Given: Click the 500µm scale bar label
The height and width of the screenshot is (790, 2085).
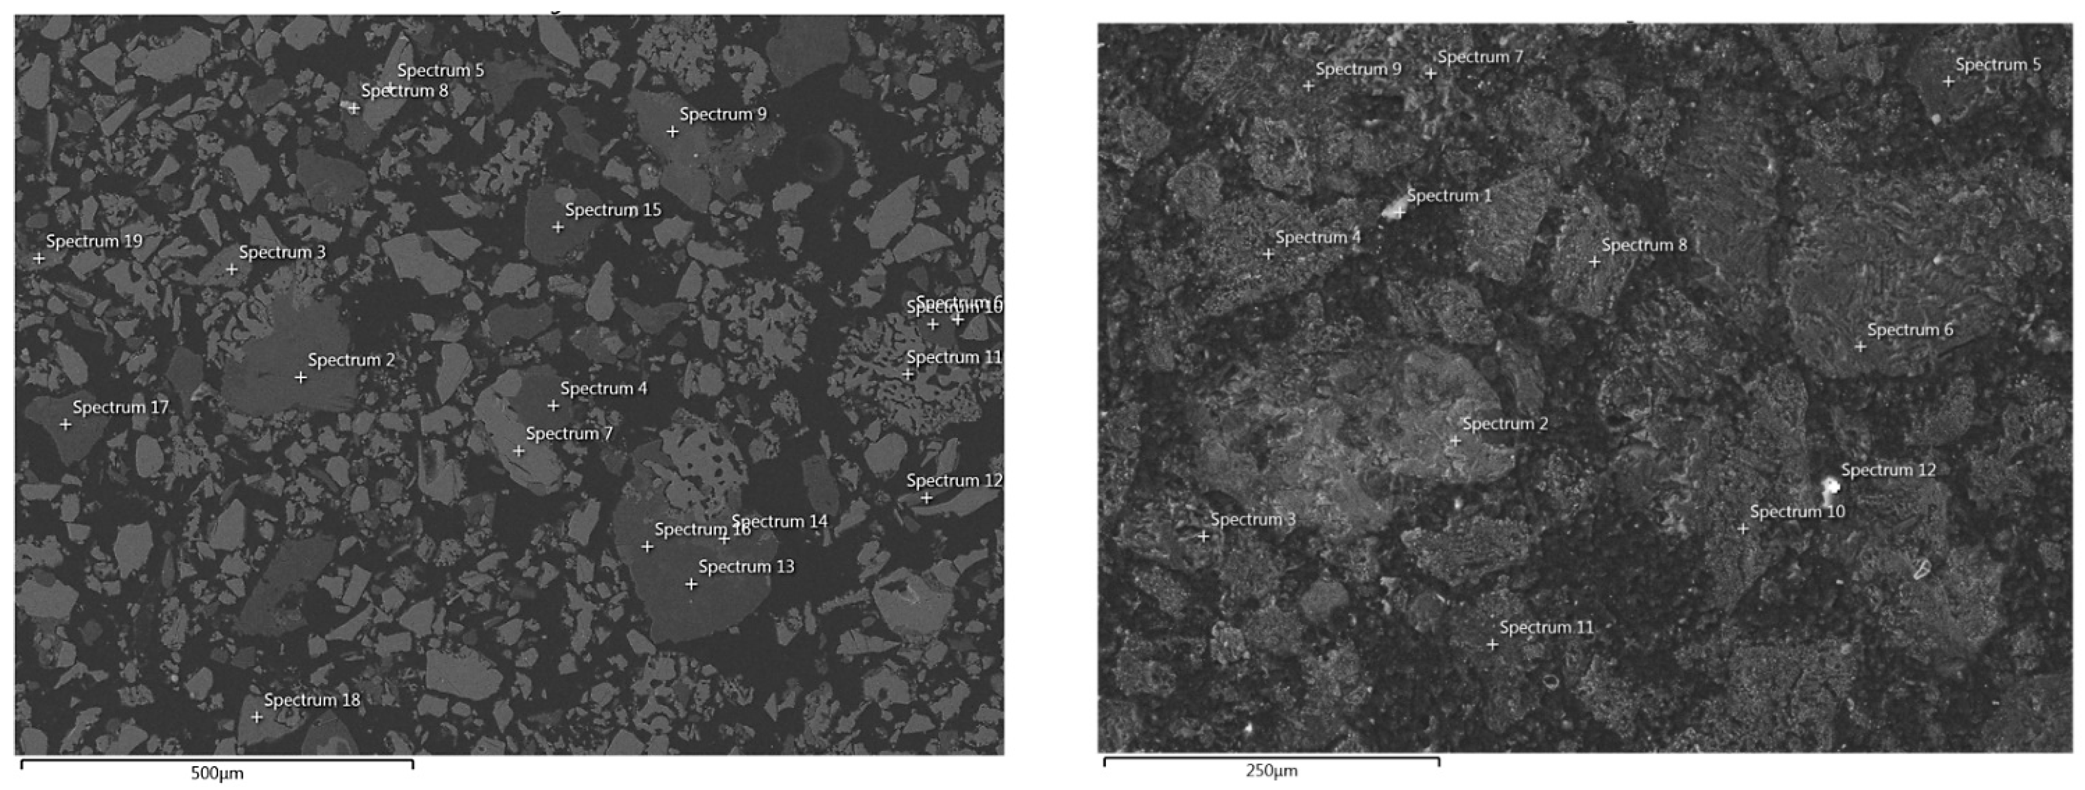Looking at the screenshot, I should click(x=217, y=774).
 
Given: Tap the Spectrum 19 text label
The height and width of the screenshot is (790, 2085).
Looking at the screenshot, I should click(x=94, y=241).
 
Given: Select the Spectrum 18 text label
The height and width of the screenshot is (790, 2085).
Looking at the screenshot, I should click(x=312, y=700).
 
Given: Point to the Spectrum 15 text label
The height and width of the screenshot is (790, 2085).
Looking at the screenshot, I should click(x=613, y=210).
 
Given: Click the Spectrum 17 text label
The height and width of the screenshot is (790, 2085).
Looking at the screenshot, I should click(x=120, y=407).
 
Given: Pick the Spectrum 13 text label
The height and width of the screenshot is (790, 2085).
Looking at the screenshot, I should click(x=746, y=566).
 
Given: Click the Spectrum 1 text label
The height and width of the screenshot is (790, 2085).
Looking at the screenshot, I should click(x=1449, y=196).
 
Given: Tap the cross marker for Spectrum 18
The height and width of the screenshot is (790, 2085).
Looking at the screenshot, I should click(x=257, y=717).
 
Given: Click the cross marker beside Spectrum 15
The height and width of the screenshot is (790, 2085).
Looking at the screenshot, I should click(x=557, y=227).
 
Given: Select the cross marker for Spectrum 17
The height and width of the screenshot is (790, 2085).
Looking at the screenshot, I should click(x=66, y=424).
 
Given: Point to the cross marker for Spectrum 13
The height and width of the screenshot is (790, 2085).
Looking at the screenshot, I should click(x=691, y=583).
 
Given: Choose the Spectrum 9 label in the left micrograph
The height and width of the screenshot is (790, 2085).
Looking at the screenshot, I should click(x=723, y=114).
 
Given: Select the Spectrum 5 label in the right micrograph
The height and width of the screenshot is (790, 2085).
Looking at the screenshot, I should click(x=1998, y=65).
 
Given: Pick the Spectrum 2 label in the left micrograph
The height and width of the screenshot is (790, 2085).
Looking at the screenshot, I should click(x=351, y=360).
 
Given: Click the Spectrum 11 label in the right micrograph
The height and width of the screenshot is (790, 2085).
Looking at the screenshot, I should click(x=1546, y=627).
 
